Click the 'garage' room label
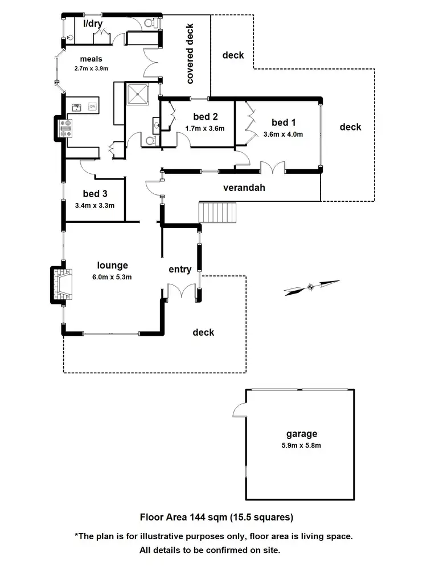(302, 434)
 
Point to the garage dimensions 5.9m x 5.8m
(302, 446)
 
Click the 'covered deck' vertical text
(190, 54)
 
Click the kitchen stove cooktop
(68, 128)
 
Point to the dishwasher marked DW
(92, 107)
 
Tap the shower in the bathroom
(137, 94)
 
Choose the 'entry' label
(180, 269)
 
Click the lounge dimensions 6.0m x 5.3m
(112, 278)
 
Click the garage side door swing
(239, 409)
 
